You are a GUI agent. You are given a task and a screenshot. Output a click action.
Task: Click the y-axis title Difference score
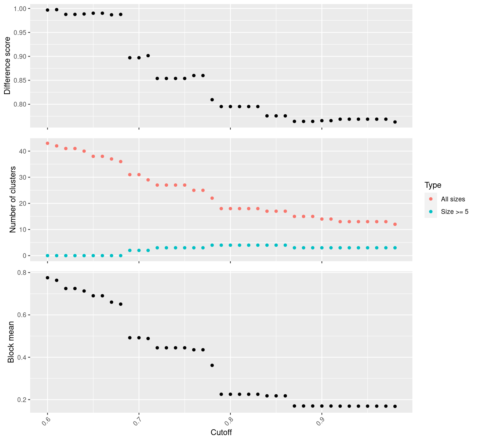click(7, 66)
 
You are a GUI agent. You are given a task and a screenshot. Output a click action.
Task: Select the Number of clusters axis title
click(13, 200)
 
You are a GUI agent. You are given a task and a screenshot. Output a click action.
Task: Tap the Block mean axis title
click(11, 342)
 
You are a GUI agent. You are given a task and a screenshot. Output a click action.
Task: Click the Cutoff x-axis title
click(221, 432)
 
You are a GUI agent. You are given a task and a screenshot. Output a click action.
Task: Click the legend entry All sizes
click(453, 199)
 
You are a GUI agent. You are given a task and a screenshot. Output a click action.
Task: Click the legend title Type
click(433, 185)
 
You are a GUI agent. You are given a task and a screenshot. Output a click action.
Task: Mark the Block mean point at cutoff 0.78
click(212, 365)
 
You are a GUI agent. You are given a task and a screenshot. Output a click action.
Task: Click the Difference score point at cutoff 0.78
click(212, 100)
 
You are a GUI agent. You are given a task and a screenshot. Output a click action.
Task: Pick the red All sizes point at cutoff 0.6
click(47, 143)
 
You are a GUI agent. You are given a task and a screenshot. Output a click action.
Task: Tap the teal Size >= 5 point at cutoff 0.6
click(47, 255)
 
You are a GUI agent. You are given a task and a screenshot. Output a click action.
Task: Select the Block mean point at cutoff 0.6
click(47, 278)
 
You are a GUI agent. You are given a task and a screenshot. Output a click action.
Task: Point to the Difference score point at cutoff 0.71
click(148, 55)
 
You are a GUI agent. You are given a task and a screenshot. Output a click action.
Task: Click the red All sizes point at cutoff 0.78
click(212, 198)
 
